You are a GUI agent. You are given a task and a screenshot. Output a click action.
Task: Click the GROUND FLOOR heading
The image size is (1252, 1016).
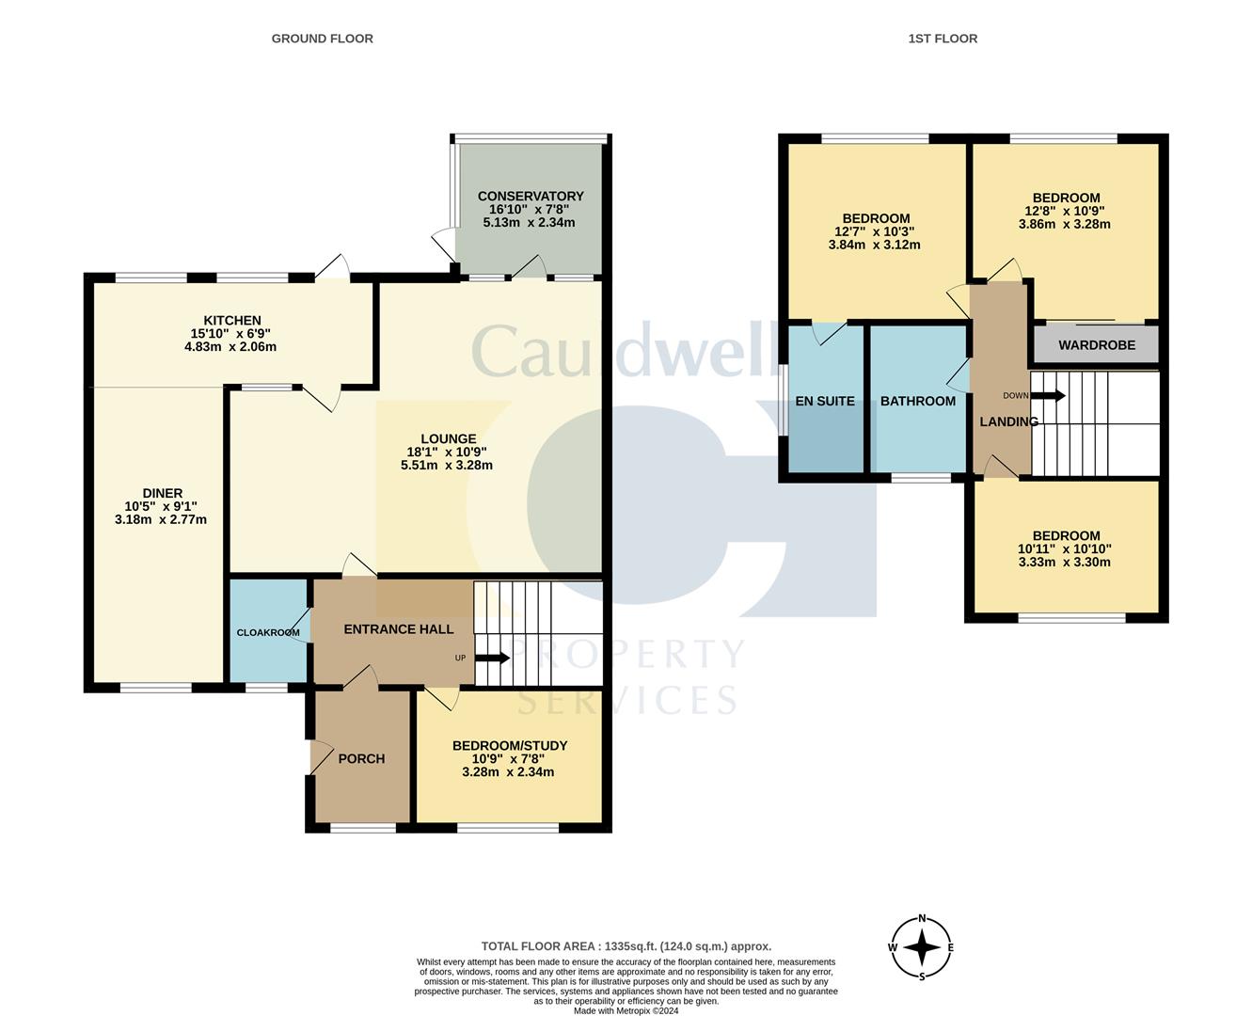point(322,39)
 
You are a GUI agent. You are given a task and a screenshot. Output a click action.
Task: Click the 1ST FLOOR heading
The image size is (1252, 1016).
point(943,39)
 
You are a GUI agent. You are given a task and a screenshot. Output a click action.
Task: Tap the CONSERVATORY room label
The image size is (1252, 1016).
point(531,196)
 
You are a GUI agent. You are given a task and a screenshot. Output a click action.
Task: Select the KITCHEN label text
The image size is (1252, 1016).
point(232,320)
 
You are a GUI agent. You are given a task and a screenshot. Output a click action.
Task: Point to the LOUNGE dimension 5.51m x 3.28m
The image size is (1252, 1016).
point(447,465)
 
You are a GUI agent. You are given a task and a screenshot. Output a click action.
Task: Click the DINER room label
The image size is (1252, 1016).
point(162,493)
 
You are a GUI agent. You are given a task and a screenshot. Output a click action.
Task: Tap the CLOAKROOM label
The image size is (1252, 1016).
point(268,632)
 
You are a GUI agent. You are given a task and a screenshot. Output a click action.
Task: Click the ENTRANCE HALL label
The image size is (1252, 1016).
point(398,629)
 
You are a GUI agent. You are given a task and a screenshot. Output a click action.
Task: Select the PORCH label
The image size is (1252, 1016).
point(361,758)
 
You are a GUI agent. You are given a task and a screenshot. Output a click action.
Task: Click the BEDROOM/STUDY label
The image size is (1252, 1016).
point(510,745)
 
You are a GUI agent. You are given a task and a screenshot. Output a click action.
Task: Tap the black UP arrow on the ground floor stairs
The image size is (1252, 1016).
point(492,658)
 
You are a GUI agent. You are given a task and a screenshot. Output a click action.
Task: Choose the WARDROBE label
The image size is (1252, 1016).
point(1096,345)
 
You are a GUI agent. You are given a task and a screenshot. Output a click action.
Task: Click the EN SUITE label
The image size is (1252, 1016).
point(825,401)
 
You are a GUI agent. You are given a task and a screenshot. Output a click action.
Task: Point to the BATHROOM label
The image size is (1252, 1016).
point(917,401)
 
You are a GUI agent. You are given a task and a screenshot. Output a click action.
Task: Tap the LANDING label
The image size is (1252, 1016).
point(1008,421)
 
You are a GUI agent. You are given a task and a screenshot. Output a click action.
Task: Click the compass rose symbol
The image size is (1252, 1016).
point(922,947)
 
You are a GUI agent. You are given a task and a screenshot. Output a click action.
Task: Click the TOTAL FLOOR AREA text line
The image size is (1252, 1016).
point(626,946)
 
